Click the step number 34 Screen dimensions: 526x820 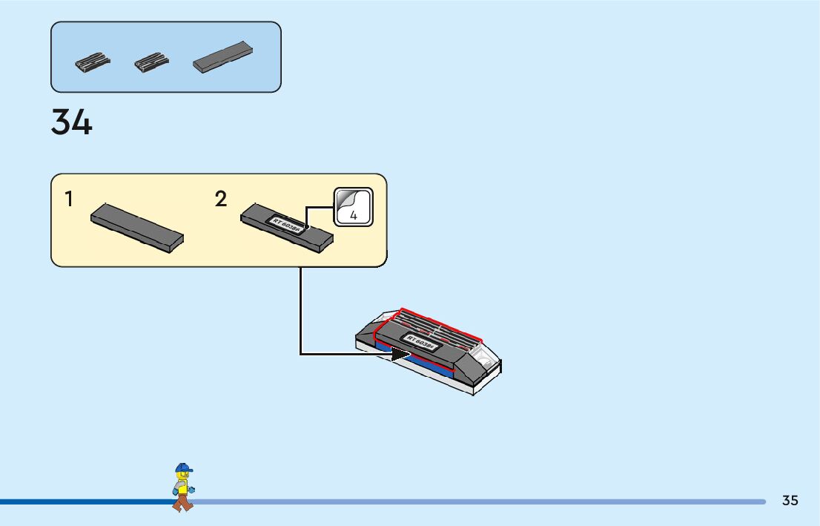tap(72, 122)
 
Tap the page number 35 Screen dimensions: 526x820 tap(790, 501)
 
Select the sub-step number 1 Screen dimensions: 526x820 tap(69, 199)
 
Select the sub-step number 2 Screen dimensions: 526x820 tap(221, 199)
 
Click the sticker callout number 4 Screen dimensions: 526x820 tap(354, 215)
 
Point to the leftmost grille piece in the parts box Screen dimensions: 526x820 tap(93, 62)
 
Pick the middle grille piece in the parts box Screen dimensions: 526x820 tap(152, 62)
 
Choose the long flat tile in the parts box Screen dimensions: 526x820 tap(222, 56)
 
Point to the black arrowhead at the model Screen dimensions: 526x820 tap(400, 354)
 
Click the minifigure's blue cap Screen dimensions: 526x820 tap(183, 468)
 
